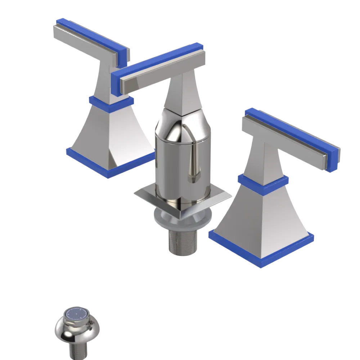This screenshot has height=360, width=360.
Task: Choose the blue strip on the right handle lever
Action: (292, 126)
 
